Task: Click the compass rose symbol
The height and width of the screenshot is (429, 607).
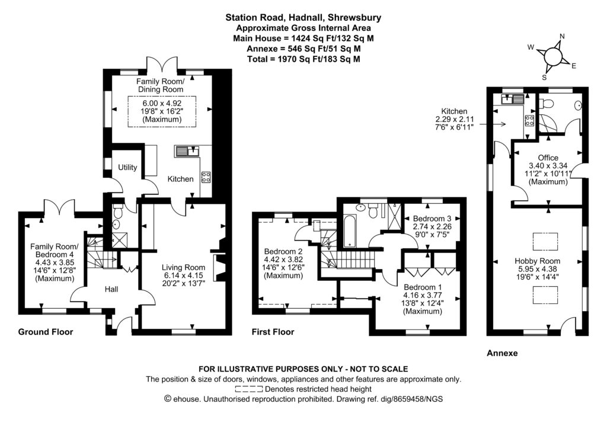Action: (x=552, y=56)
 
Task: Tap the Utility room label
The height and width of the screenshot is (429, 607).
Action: (x=127, y=168)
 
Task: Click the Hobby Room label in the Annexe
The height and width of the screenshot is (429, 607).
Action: (x=537, y=261)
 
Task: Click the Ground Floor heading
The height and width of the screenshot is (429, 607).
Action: (x=46, y=332)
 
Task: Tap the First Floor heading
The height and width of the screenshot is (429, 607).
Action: (x=273, y=332)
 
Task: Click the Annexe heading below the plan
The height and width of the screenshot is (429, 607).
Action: (x=502, y=353)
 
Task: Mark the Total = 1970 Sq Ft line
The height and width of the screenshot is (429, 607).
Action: (x=303, y=59)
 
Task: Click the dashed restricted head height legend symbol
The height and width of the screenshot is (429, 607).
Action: (x=250, y=389)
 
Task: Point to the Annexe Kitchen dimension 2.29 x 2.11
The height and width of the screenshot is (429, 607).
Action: (x=454, y=120)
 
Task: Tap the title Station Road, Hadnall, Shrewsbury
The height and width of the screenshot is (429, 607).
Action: (x=303, y=18)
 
